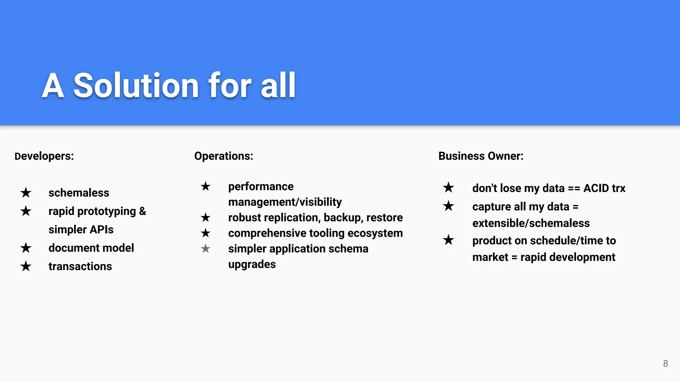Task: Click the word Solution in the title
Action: click(136, 86)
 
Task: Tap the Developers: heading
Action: click(44, 156)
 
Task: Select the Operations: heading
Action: click(223, 156)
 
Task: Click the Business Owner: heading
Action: click(481, 156)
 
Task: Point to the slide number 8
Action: click(665, 363)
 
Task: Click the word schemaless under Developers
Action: click(79, 193)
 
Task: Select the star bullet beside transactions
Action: click(26, 266)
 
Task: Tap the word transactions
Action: click(80, 266)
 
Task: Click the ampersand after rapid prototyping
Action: click(142, 211)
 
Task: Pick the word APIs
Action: click(102, 229)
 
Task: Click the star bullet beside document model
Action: click(26, 248)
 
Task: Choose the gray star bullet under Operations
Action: click(206, 248)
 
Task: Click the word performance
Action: click(261, 186)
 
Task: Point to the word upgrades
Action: click(252, 264)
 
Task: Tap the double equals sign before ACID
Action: click(574, 188)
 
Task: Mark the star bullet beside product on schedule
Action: click(449, 240)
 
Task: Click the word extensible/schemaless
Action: click(531, 223)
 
